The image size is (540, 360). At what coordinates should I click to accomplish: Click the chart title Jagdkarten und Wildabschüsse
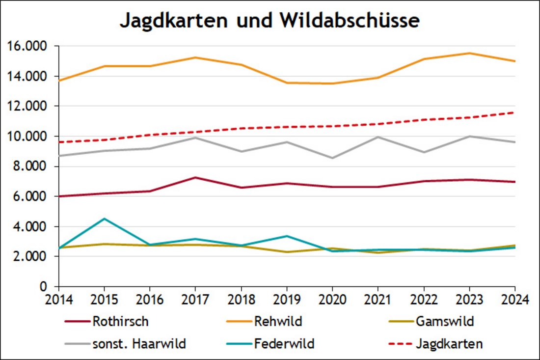point(270,21)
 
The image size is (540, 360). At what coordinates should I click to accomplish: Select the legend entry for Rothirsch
point(120,322)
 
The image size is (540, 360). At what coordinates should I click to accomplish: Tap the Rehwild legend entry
point(278,322)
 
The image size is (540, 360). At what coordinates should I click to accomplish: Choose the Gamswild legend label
point(445,322)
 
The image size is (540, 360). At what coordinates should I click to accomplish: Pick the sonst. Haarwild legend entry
point(139,343)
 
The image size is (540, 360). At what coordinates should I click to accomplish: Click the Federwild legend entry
point(284,343)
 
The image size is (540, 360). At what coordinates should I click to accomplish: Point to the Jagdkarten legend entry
point(448,343)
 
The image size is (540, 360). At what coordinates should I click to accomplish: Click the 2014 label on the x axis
point(59,299)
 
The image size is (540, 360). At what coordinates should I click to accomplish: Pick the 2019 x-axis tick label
point(287,299)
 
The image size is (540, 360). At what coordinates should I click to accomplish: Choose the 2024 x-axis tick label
point(514,299)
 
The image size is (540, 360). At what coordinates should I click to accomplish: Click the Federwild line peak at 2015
point(104,219)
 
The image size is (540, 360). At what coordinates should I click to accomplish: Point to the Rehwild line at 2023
point(469,53)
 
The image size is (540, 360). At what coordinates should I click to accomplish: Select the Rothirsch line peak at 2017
point(195,177)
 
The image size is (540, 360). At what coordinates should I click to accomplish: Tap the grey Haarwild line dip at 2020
point(332,158)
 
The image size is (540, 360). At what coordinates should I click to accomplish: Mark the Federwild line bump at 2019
point(287,236)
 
